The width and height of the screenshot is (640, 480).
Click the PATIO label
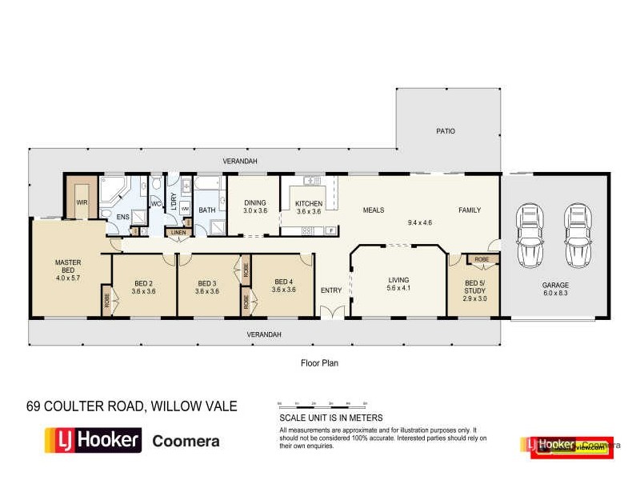(x=446, y=130)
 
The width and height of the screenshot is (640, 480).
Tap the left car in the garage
(x=530, y=236)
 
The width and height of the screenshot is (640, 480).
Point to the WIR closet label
(x=82, y=203)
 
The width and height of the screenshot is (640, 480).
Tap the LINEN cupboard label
(x=178, y=233)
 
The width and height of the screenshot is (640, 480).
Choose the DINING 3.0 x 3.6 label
(x=254, y=206)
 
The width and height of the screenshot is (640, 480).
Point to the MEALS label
(x=374, y=210)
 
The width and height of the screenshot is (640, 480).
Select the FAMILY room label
(x=470, y=210)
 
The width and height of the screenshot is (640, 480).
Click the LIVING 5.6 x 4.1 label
(x=398, y=283)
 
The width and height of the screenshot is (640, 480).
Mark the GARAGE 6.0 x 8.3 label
(x=554, y=288)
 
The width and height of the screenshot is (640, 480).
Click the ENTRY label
(x=330, y=290)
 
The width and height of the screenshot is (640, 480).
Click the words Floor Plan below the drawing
(x=319, y=362)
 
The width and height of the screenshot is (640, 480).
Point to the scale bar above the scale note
(x=322, y=402)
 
